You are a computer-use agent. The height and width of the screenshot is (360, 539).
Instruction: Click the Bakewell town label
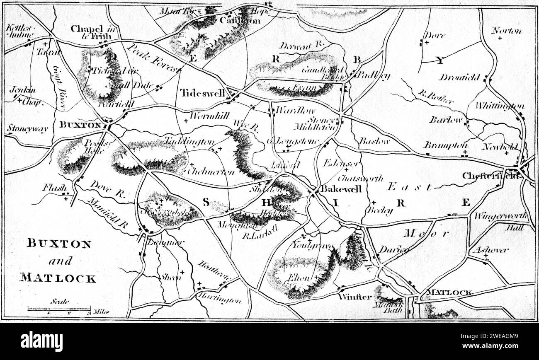[x=342, y=189]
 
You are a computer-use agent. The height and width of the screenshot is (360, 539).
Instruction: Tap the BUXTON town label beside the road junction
[x=80, y=124]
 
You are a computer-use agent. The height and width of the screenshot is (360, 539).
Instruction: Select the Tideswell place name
[x=202, y=93]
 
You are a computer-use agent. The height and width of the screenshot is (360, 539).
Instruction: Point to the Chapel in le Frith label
[x=91, y=32]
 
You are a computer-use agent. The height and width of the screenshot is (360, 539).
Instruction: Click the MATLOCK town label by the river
[x=449, y=292]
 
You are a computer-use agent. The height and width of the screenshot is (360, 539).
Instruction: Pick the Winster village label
[x=354, y=297]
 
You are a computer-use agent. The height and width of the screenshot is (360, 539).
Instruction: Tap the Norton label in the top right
[x=506, y=31]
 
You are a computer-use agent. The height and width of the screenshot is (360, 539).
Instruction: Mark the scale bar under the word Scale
[x=59, y=309]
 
